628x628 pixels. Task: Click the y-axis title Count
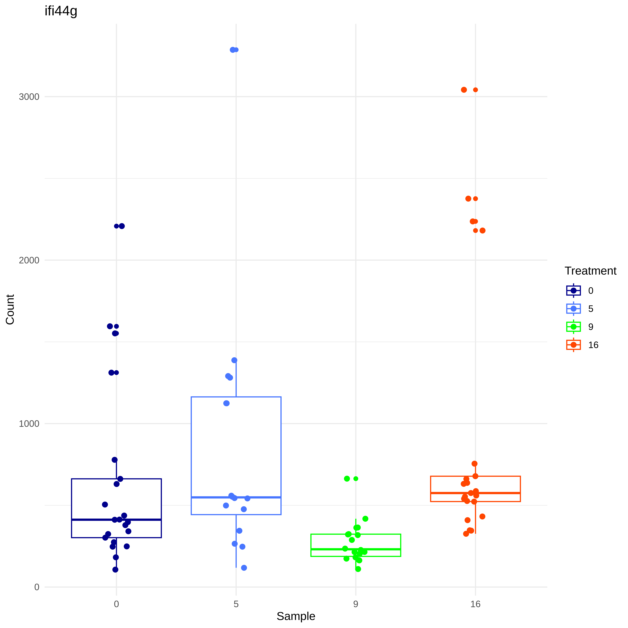(x=10, y=309)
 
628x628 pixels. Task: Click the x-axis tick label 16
(x=475, y=604)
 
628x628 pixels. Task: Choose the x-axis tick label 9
(x=356, y=604)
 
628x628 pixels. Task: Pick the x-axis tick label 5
(x=236, y=604)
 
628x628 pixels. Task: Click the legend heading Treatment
(x=590, y=271)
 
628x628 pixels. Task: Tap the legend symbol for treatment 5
(x=573, y=308)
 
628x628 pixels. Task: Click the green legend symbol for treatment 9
(x=573, y=327)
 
